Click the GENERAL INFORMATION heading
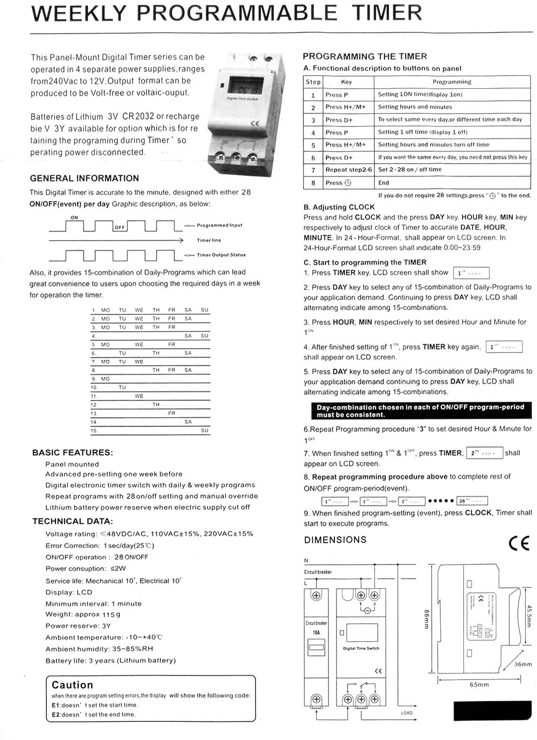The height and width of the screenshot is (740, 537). tap(84, 178)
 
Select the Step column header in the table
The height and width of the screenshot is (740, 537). tap(313, 82)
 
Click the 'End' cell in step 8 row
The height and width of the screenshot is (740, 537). tap(384, 183)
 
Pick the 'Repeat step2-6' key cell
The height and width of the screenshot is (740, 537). tap(349, 170)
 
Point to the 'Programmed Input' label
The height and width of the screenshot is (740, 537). tap(219, 225)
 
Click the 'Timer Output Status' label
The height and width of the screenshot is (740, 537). tap(221, 255)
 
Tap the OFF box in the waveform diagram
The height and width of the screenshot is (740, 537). tap(119, 227)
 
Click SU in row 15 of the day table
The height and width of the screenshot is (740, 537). tap(204, 431)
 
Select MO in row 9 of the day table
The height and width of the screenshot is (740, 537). tap(105, 379)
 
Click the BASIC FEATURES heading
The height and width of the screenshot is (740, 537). tap(73, 452)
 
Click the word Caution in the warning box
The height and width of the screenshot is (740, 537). tap(73, 685)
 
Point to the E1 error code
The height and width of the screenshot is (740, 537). tap(56, 705)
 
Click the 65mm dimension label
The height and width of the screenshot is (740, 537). tap(479, 685)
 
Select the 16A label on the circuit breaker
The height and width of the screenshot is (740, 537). tap(316, 632)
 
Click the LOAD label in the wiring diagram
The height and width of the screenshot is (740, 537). tap(407, 713)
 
